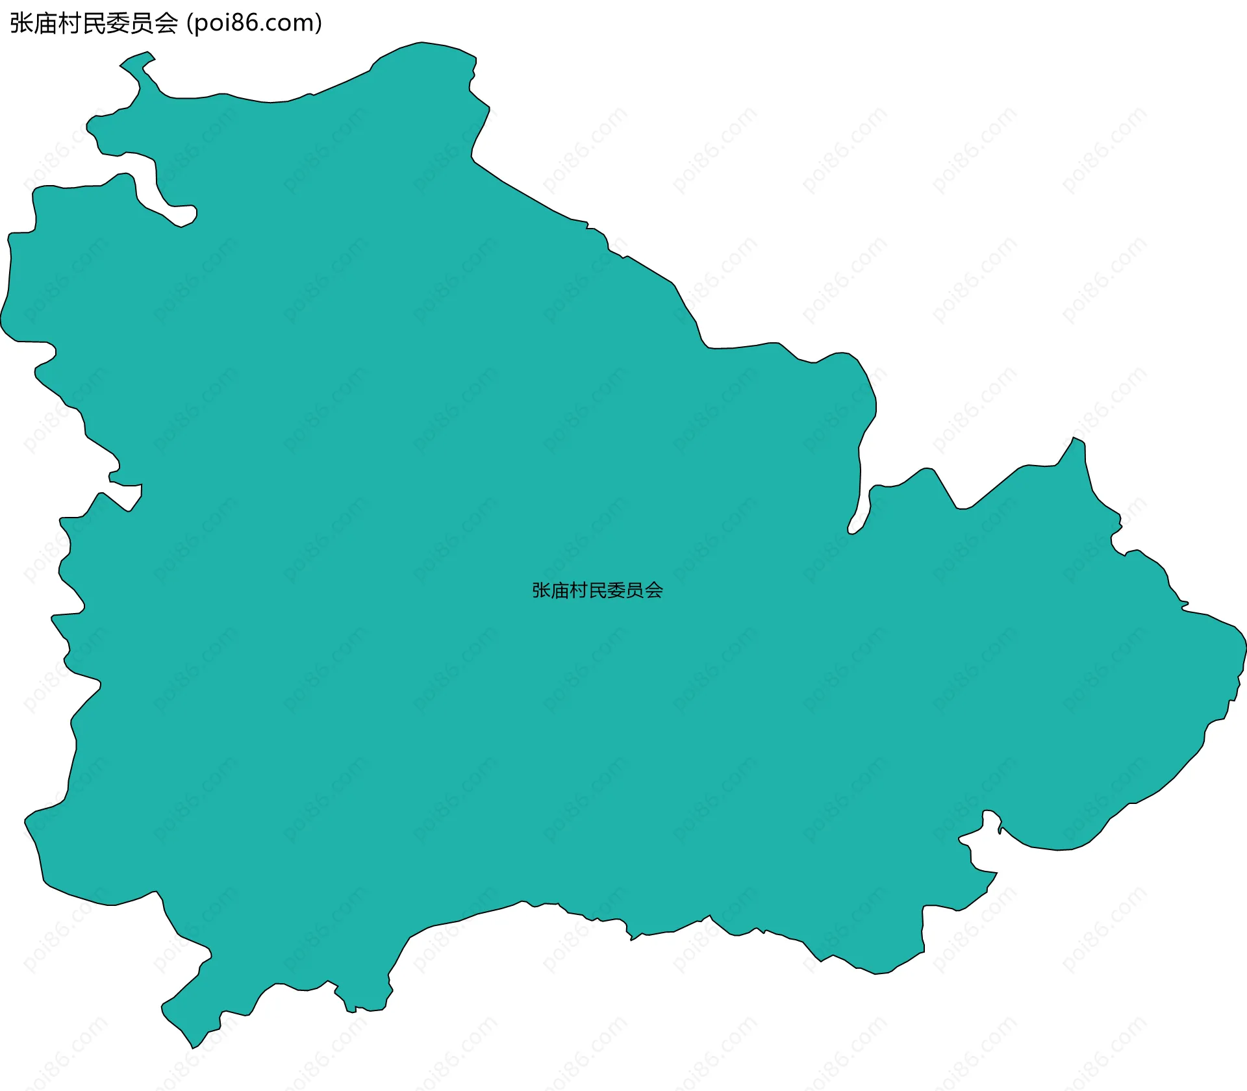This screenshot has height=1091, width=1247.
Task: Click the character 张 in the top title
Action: [21, 23]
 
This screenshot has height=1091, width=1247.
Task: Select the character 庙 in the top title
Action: [45, 23]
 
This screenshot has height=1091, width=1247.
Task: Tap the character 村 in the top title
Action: [69, 23]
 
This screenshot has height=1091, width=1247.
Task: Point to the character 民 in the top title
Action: [94, 23]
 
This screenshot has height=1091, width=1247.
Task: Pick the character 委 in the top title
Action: [118, 23]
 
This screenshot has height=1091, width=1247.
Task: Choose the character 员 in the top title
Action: [142, 23]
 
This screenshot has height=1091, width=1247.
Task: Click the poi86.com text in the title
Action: [254, 23]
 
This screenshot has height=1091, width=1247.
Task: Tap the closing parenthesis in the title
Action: [318, 23]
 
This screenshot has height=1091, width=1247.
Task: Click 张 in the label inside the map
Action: [542, 590]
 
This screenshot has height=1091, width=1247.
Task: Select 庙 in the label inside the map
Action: [560, 590]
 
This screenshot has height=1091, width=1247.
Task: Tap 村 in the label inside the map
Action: [579, 590]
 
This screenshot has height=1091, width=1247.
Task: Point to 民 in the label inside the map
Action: [598, 590]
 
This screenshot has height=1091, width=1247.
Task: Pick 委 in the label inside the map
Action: [616, 590]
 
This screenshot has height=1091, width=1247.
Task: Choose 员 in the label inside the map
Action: [635, 590]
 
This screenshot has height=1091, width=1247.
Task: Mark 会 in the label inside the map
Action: [654, 590]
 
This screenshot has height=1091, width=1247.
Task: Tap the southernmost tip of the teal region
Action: [193, 1047]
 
